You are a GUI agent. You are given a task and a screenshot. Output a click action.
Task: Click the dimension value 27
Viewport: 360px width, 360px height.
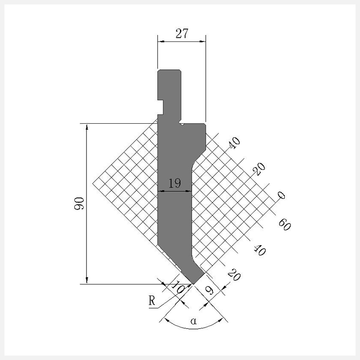pyautogui.click(x=182, y=33)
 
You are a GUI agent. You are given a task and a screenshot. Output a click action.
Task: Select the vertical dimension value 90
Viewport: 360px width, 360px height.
pyautogui.click(x=79, y=203)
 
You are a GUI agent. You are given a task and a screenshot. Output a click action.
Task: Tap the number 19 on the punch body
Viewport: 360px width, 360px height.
pyautogui.click(x=175, y=183)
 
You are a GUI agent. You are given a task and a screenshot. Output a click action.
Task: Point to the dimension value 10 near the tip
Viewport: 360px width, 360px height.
pyautogui.click(x=178, y=287)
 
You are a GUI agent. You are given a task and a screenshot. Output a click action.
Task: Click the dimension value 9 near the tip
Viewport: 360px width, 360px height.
pyautogui.click(x=209, y=290)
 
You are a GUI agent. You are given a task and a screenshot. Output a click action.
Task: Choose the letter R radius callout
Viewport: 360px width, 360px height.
pyautogui.click(x=152, y=301)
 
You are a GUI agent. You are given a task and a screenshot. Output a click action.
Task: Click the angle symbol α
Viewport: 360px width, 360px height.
pyautogui.click(x=193, y=321)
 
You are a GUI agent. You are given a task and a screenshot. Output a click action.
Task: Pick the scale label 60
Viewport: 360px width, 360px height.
pyautogui.click(x=285, y=225)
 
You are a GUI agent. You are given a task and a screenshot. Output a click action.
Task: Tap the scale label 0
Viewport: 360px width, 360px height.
pyautogui.click(x=281, y=195)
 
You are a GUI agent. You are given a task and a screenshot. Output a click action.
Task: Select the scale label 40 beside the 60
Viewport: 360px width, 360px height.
pyautogui.click(x=260, y=250)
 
